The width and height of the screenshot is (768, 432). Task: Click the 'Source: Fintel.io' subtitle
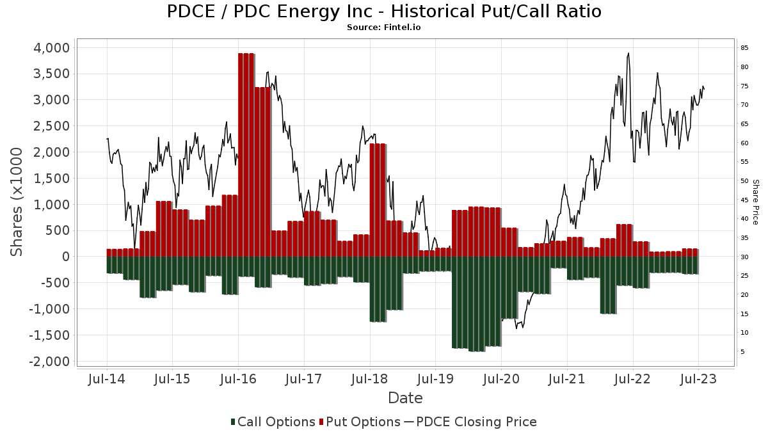pyautogui.click(x=384, y=28)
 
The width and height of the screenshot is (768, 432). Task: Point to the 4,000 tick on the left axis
pyautogui.click(x=51, y=48)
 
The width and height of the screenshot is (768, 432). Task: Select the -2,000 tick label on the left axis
pyautogui.click(x=49, y=362)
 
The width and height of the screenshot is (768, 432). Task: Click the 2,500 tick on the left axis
pyautogui.click(x=51, y=126)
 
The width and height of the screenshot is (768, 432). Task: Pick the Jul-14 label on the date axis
pyautogui.click(x=106, y=379)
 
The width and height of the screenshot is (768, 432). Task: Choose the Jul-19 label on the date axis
pyautogui.click(x=435, y=379)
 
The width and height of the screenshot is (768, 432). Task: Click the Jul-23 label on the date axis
pyautogui.click(x=698, y=379)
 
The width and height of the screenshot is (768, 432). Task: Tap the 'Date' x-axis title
pyautogui.click(x=405, y=398)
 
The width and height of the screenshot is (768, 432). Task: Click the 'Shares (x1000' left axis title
pyautogui.click(x=19, y=202)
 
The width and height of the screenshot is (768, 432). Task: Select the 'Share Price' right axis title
pyautogui.click(x=755, y=202)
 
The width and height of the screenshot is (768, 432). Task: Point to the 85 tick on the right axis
pyautogui.click(x=744, y=48)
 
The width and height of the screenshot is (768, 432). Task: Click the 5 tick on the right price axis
pyautogui.click(x=742, y=352)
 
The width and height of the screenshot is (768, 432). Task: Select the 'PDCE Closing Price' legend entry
pyautogui.click(x=470, y=422)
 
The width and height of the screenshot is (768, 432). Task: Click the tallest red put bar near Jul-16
pyautogui.click(x=246, y=154)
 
